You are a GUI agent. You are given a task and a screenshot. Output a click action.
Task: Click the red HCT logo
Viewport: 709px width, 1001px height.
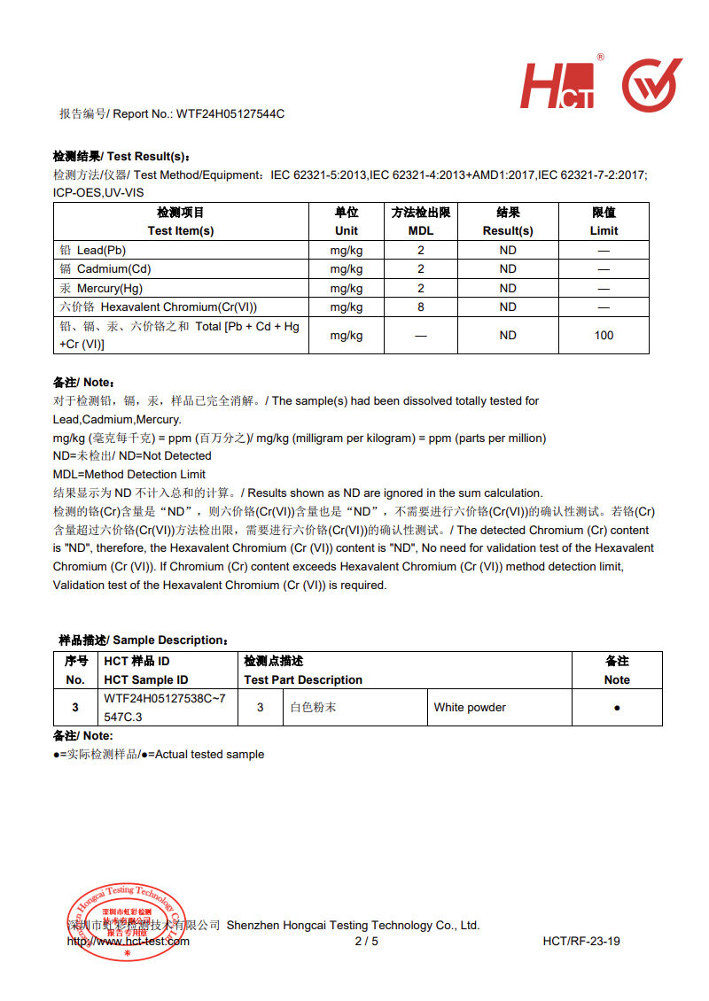(x=557, y=85)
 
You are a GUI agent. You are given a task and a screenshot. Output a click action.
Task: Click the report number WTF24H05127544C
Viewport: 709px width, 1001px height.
(x=230, y=113)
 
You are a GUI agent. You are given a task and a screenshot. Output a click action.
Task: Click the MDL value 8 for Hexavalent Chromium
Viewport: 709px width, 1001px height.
(x=421, y=307)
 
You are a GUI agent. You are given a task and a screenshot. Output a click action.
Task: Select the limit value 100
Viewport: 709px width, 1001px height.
(x=604, y=335)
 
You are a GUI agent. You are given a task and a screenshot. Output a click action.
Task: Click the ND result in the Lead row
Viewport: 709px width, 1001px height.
(x=508, y=251)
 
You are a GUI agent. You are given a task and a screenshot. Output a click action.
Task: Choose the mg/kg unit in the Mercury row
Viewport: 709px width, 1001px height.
(x=347, y=288)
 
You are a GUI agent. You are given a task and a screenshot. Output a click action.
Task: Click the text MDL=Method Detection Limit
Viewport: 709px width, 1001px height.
(x=129, y=474)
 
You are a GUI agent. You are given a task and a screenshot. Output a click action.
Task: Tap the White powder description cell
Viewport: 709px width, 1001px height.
(x=470, y=708)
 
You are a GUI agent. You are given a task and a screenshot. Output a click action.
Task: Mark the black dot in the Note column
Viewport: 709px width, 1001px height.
(x=617, y=709)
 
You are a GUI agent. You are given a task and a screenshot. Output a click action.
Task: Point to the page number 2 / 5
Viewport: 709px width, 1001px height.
(x=366, y=941)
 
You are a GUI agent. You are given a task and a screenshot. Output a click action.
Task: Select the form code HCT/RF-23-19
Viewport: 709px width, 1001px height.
(x=581, y=941)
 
